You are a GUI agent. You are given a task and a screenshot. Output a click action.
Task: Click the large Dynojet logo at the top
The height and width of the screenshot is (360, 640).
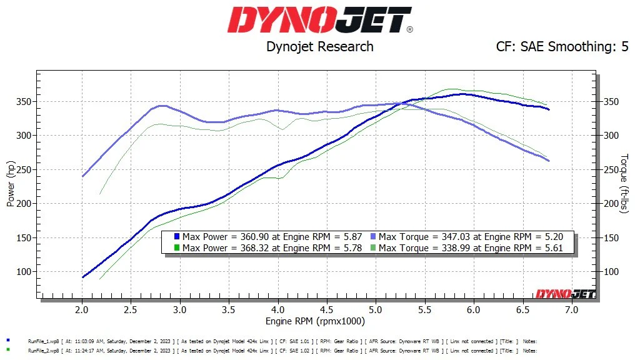[319, 20]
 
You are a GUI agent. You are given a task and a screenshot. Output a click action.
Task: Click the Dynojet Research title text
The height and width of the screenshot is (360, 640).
[319, 46]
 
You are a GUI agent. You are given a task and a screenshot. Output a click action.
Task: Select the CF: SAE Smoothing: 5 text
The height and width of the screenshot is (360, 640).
[562, 46]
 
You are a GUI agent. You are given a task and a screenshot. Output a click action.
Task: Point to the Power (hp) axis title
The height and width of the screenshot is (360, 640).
[11, 182]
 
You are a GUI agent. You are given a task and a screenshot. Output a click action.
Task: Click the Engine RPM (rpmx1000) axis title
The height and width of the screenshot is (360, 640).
[315, 321]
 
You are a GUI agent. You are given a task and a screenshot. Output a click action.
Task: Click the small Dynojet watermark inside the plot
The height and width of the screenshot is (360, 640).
[564, 294]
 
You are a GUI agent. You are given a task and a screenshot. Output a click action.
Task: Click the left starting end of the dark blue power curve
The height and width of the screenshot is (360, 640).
[83, 277]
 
